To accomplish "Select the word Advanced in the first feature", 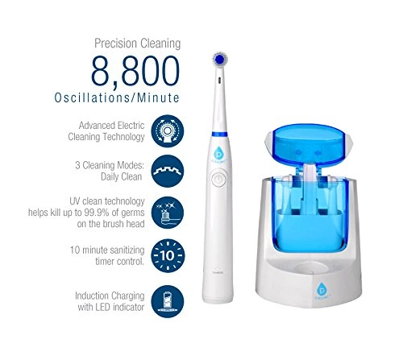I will [101, 126].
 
